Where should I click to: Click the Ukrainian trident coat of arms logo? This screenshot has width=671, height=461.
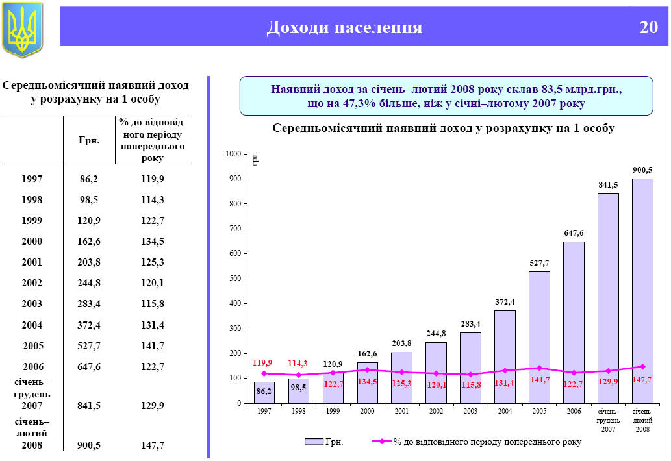[x=23, y=29]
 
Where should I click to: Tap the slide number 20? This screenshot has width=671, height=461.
[x=648, y=27]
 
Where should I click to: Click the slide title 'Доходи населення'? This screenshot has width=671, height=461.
[x=344, y=27]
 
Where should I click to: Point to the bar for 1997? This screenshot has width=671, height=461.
[x=264, y=392]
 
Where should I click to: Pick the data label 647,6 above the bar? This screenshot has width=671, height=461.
[x=574, y=232]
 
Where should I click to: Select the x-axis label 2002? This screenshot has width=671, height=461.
[x=436, y=412]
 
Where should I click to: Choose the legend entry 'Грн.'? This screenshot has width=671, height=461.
[x=324, y=442]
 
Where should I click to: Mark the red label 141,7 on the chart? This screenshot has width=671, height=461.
[x=539, y=380]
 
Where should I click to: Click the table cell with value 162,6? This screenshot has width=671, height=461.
[x=89, y=242]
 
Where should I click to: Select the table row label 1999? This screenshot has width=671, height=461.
[x=32, y=221]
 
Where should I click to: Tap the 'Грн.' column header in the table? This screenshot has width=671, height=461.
[x=89, y=140]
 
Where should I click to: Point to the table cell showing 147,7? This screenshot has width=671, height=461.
[x=152, y=445]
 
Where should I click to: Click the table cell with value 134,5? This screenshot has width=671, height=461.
[x=152, y=242]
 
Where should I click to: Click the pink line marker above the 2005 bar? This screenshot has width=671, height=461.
[x=539, y=368]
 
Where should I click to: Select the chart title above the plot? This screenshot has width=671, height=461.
[x=443, y=129]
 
